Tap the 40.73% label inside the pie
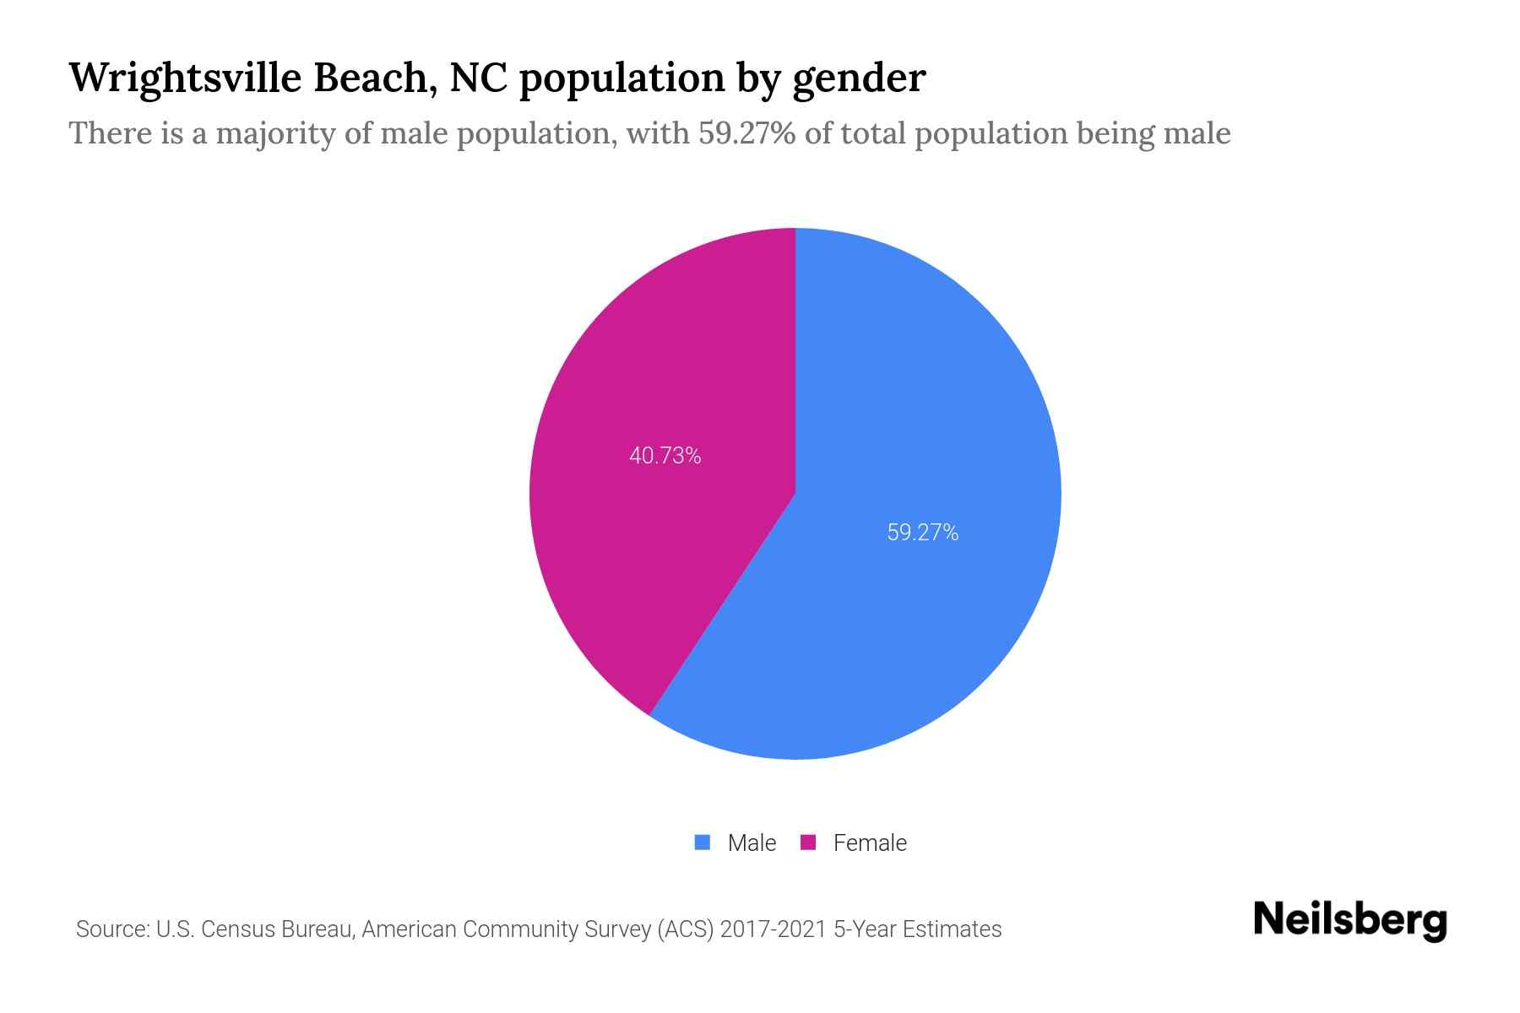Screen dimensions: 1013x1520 pyautogui.click(x=665, y=456)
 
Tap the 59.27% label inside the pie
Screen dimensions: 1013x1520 pyautogui.click(x=922, y=533)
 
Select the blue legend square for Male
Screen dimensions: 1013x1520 pyautogui.click(x=702, y=842)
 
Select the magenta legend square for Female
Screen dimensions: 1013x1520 pyautogui.click(x=808, y=842)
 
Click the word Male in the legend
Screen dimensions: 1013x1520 pyautogui.click(x=752, y=843)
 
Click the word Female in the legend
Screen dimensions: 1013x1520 pyautogui.click(x=870, y=843)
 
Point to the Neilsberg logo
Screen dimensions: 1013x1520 pyautogui.click(x=1349, y=921)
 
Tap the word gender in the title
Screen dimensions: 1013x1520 pyautogui.click(x=859, y=79)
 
